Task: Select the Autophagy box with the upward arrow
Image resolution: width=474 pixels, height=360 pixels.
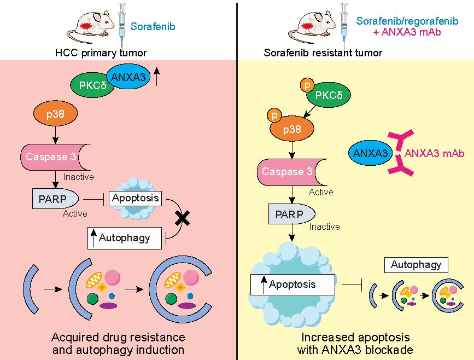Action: [x=126, y=238]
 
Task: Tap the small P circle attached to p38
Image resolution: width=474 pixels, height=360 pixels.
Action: [x=273, y=115]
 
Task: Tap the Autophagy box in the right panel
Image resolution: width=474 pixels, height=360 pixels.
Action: [x=416, y=265]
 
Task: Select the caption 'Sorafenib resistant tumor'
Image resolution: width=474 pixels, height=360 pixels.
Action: [x=323, y=53]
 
